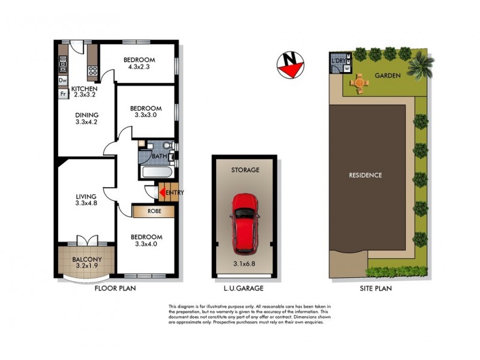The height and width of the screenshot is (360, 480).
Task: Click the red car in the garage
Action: point(245,223)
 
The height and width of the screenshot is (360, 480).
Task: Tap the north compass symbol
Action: point(291,64)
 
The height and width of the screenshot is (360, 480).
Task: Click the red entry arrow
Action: point(161,193)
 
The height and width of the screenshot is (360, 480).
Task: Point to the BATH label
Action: point(159,157)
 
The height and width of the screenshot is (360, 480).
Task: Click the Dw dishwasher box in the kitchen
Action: point(62,80)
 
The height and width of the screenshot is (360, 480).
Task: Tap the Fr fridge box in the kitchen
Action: point(62,94)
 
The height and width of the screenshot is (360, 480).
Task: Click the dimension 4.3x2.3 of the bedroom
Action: point(139,67)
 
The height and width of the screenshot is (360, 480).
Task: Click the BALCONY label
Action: point(86,260)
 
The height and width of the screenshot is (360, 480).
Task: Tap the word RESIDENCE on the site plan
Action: point(365,175)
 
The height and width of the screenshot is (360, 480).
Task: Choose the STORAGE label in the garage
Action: point(245,170)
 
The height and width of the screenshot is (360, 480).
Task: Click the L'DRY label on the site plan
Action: point(339,61)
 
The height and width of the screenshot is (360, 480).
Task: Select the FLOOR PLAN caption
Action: point(115,288)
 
